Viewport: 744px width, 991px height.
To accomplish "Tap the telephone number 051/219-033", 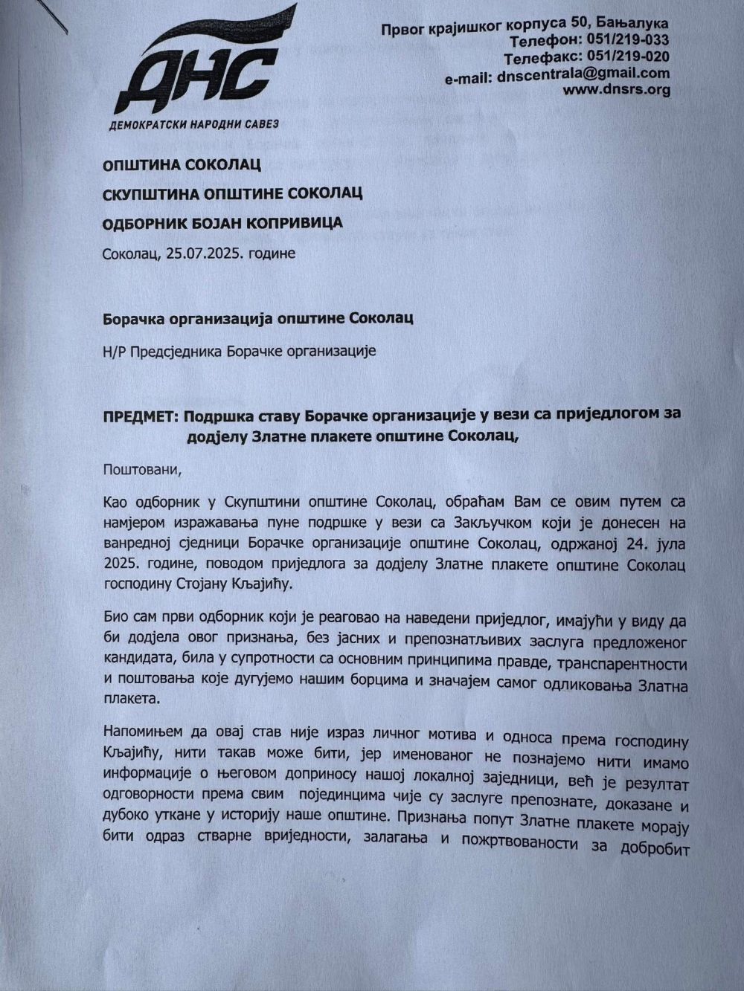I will [x=628, y=40].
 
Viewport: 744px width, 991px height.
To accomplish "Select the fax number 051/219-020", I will [x=628, y=57].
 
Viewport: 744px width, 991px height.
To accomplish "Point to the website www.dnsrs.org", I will [x=616, y=90].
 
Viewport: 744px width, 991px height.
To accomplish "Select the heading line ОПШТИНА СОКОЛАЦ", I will [x=182, y=164].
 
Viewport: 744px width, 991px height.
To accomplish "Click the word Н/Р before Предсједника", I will [x=115, y=351].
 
